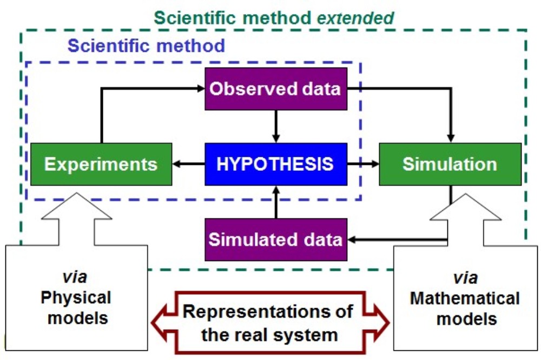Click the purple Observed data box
[x=275, y=89]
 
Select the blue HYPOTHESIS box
[x=275, y=164]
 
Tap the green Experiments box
[x=101, y=164]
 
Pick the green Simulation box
[x=450, y=164]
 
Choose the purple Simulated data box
[x=275, y=239]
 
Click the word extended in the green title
[x=356, y=17]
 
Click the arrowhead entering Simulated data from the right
[x=352, y=239]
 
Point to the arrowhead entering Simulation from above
[x=450, y=138]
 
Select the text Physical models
[x=76, y=307]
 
